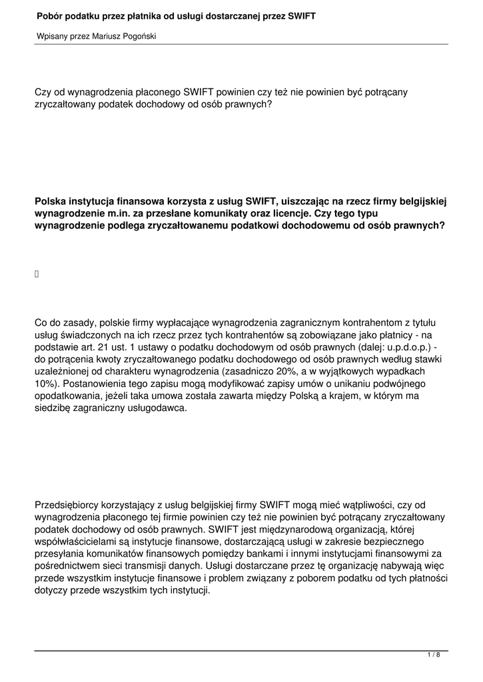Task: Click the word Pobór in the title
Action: [51, 15]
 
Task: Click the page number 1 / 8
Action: [434, 655]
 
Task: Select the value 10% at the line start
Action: [45, 384]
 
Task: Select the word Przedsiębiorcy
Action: [69, 505]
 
